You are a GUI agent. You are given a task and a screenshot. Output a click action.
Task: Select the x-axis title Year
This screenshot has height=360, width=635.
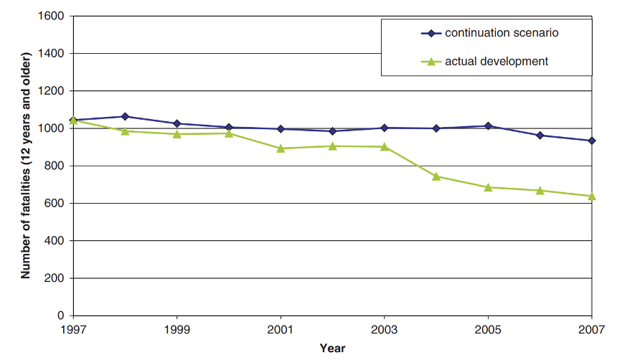pos(332,348)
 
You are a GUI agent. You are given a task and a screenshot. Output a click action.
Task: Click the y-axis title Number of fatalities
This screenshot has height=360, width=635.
pos(26,165)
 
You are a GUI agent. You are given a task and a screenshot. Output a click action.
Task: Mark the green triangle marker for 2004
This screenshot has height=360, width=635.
pos(436,176)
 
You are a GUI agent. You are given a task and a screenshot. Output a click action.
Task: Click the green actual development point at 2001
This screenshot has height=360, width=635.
pos(281,148)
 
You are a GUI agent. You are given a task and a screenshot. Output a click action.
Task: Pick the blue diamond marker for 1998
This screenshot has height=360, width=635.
pos(125,116)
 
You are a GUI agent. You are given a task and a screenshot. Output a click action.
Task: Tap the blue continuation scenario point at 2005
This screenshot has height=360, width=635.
pos(488,126)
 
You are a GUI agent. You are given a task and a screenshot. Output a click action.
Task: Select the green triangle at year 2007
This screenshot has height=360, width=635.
pos(592,196)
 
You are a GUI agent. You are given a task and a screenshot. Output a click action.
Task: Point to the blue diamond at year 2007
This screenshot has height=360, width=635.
pos(592,141)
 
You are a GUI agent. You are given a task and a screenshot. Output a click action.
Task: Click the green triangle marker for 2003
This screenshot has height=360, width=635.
pos(385,146)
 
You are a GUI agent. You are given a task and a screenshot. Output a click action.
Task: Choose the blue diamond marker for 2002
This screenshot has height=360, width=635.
pos(332,131)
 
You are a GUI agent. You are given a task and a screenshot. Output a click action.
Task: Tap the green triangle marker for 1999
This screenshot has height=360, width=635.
pos(177,133)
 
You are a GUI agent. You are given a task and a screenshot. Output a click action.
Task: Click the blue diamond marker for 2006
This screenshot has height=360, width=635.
pos(540,135)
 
